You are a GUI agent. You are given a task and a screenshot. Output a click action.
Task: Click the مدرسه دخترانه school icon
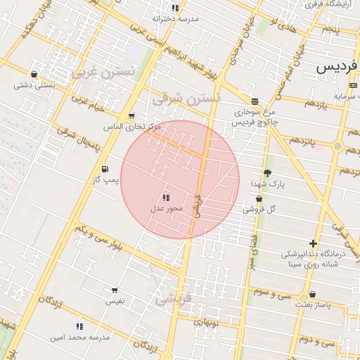[175, 8]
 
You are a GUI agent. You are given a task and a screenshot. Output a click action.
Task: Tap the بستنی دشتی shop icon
[34, 73]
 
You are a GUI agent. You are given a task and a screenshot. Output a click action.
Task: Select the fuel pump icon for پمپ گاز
[105, 169]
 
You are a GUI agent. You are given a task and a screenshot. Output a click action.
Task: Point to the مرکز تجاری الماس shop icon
[131, 116]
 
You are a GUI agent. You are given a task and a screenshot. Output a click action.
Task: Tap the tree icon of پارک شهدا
[267, 173]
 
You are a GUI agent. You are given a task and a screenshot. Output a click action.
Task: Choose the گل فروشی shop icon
[259, 199]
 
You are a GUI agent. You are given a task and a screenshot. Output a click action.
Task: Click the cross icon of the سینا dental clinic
[313, 243]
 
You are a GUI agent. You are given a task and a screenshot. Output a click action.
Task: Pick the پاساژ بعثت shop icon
[312, 295]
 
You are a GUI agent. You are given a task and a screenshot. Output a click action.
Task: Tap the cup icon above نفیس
[115, 290]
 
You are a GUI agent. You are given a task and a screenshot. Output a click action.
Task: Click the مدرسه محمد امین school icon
[79, 326]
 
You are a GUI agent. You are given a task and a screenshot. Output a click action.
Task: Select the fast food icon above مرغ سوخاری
[255, 101]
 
